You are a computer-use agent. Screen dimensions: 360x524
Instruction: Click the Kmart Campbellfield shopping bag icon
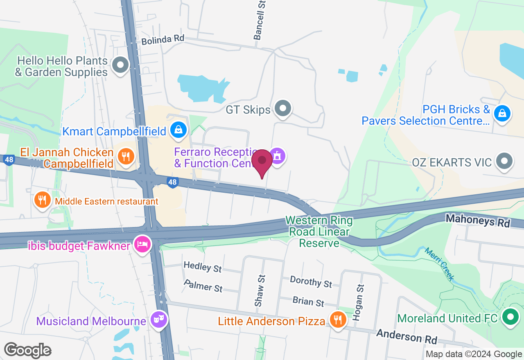[178, 130]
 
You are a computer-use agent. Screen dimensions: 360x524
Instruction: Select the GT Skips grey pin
[283, 108]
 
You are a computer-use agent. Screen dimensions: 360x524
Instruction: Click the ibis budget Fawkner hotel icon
[142, 245]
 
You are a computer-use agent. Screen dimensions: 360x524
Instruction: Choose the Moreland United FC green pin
[510, 317]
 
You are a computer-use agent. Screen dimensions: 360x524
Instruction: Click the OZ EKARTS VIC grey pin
[504, 161]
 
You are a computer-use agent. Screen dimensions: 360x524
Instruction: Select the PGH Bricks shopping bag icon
[502, 113]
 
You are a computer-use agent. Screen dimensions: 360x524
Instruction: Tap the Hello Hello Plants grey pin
[120, 65]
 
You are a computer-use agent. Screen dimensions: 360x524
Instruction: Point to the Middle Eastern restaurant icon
[42, 200]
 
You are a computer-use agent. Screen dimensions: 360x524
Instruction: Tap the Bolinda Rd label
[163, 40]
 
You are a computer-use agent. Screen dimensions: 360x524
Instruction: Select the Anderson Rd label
[407, 336]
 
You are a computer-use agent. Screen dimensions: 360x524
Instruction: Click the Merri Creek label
[440, 264]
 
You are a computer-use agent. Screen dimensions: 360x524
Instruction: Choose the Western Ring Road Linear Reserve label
[319, 232]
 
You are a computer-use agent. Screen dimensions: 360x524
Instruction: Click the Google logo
[27, 350]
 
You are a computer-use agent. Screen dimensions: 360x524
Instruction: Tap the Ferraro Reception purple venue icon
[278, 155]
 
